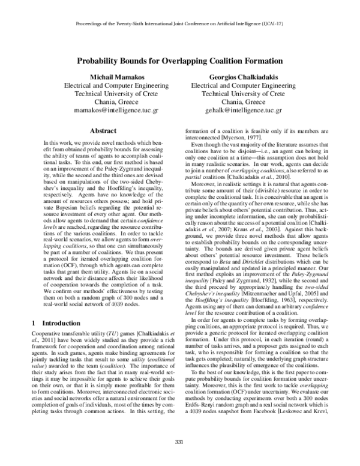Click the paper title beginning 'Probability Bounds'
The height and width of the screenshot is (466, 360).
(x=179, y=61)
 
